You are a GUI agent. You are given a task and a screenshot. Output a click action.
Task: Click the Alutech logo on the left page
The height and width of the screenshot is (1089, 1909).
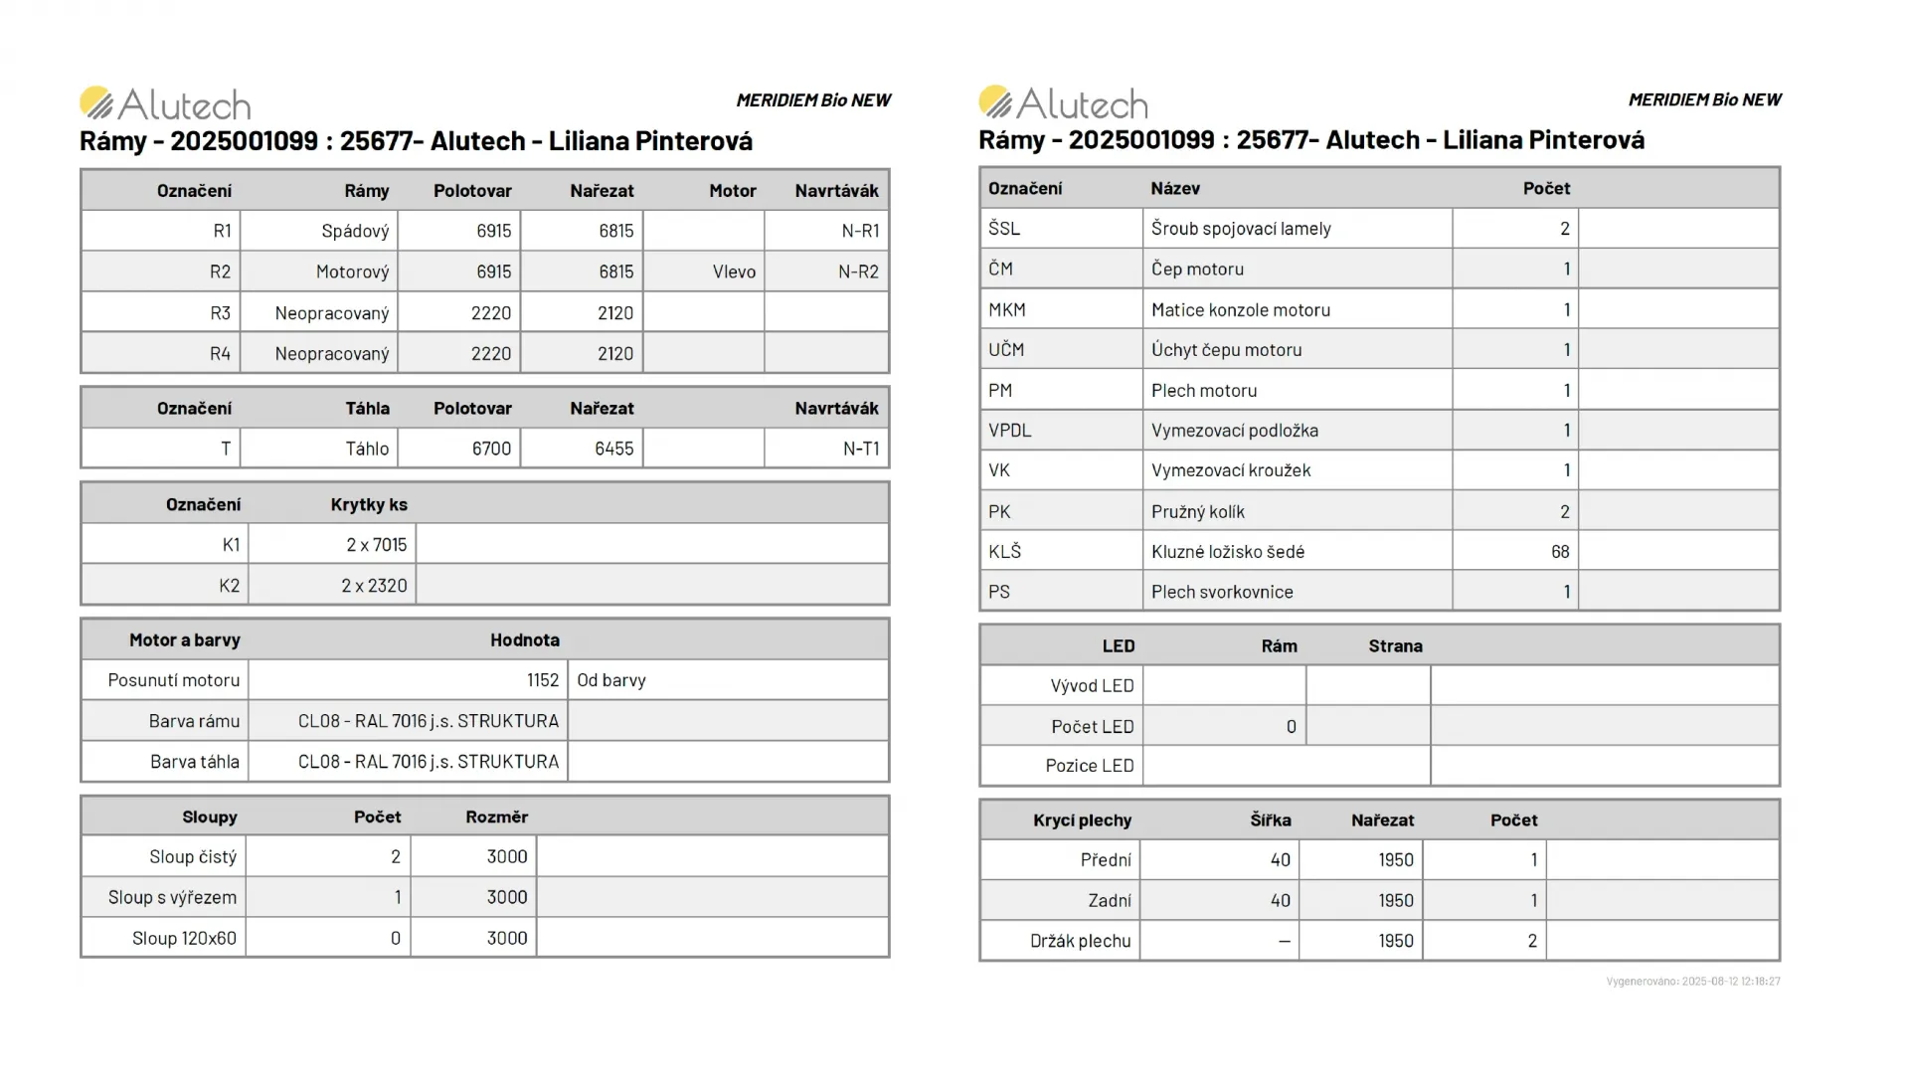pyautogui.click(x=165, y=103)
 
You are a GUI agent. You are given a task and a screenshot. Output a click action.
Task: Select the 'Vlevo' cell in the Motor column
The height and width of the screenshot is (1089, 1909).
pyautogui.click(x=734, y=272)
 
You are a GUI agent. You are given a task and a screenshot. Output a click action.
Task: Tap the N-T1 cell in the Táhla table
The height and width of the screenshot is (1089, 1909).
pyautogui.click(x=860, y=449)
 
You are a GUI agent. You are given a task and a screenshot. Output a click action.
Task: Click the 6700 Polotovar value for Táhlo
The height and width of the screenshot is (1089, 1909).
pyautogui.click(x=491, y=449)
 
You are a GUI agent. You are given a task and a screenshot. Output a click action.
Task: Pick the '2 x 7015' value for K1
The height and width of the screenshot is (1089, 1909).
pyautogui.click(x=376, y=545)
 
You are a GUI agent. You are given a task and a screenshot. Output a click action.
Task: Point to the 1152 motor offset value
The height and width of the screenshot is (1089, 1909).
pyautogui.click(x=543, y=680)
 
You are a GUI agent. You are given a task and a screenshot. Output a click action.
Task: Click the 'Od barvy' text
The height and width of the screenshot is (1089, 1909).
pyautogui.click(x=611, y=680)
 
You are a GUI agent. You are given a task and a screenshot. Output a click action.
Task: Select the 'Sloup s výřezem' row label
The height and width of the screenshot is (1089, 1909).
pyautogui.click(x=172, y=897)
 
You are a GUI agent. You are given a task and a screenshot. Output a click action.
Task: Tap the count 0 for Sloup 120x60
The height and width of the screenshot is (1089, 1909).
pyautogui.click(x=396, y=938)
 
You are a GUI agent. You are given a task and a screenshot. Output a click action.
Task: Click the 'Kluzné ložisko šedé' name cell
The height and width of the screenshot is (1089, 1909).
pyautogui.click(x=1228, y=551)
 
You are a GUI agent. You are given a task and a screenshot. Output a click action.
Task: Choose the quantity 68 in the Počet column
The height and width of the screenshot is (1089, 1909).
pyautogui.click(x=1560, y=551)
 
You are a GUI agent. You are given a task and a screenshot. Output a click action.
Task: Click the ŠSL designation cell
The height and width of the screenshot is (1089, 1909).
pyautogui.click(x=1004, y=228)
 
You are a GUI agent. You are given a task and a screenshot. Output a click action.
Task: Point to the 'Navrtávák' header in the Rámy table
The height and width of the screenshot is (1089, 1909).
pyautogui.click(x=836, y=190)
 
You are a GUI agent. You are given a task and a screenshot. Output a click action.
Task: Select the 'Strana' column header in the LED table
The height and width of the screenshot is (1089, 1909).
pyautogui.click(x=1395, y=645)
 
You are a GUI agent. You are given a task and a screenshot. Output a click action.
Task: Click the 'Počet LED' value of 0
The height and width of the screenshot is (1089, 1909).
pyautogui.click(x=1291, y=726)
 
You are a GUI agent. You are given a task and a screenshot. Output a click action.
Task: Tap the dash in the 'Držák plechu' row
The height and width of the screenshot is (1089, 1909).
pyautogui.click(x=1284, y=941)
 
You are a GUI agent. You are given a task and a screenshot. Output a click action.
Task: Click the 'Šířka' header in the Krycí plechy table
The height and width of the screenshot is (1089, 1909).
pyautogui.click(x=1271, y=819)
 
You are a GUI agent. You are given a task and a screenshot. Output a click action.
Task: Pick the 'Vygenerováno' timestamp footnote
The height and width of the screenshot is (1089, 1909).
pyautogui.click(x=1693, y=981)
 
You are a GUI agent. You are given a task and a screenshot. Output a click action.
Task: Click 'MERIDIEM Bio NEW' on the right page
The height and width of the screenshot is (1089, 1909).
pyautogui.click(x=1704, y=99)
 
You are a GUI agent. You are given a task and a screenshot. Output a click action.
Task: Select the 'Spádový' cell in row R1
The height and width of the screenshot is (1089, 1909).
pyautogui.click(x=355, y=231)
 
